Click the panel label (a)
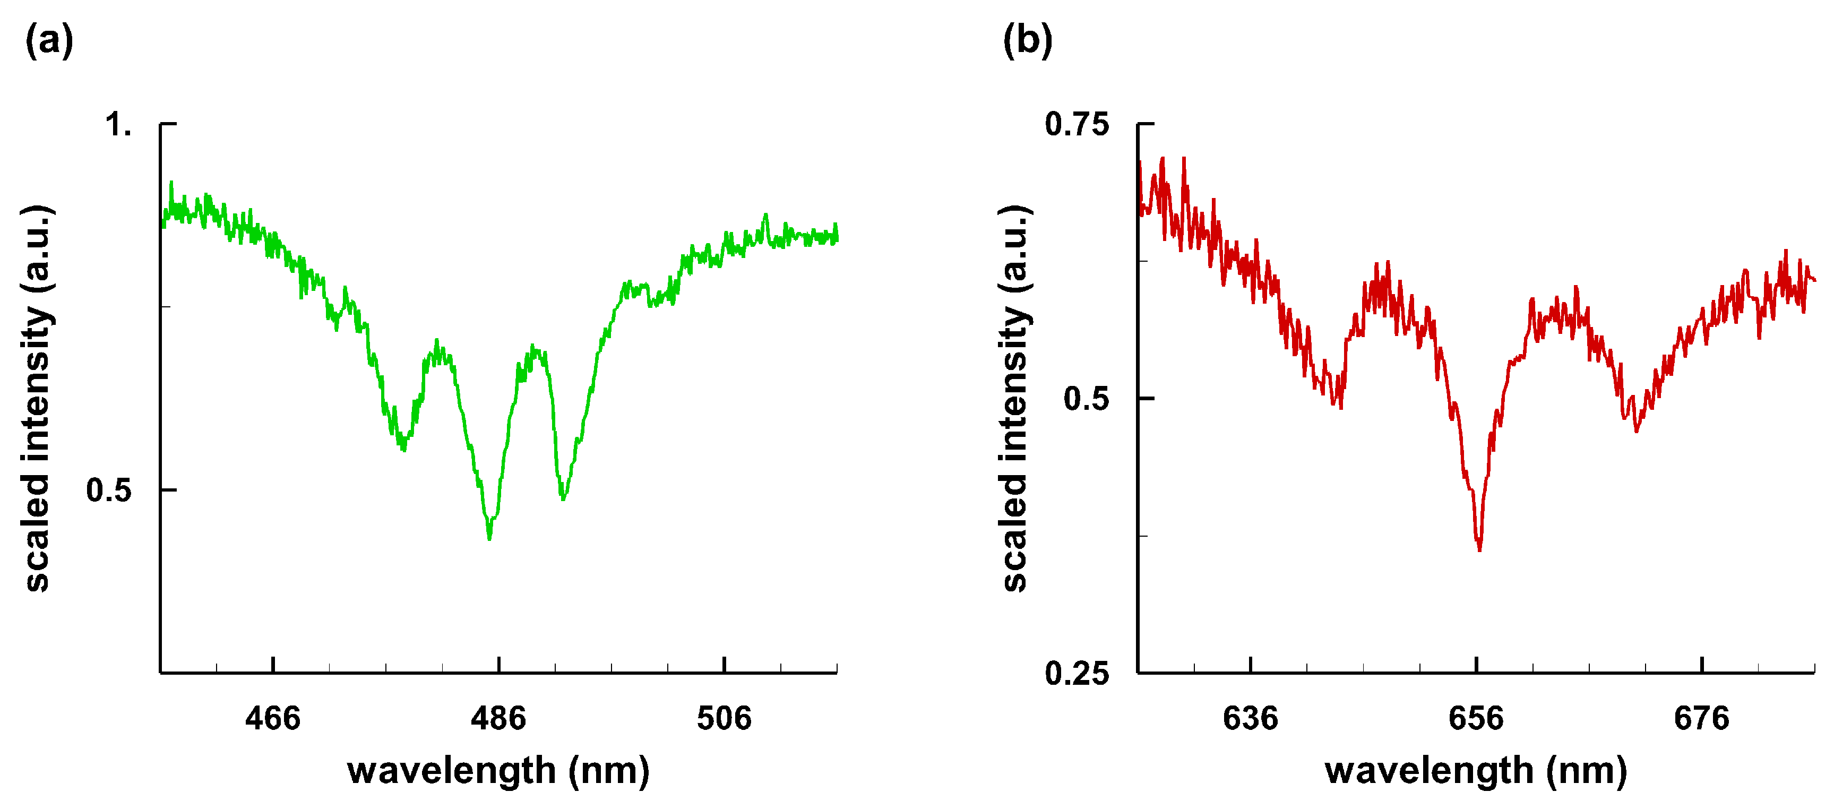(49, 40)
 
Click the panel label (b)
(1027, 40)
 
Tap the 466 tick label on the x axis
(273, 718)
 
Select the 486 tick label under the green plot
(498, 718)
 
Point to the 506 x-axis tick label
(724, 718)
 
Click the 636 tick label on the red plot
(1250, 718)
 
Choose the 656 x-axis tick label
(1476, 718)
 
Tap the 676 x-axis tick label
(1702, 718)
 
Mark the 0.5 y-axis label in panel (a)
(109, 490)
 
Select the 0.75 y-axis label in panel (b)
(1077, 125)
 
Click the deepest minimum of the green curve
(489, 537)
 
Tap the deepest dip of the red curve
(1479, 548)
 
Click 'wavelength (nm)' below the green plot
(498, 771)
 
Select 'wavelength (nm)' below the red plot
(1476, 771)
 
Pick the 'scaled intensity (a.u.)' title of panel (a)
(37, 399)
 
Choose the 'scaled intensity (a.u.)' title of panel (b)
(1014, 399)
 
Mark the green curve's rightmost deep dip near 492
(563, 497)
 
